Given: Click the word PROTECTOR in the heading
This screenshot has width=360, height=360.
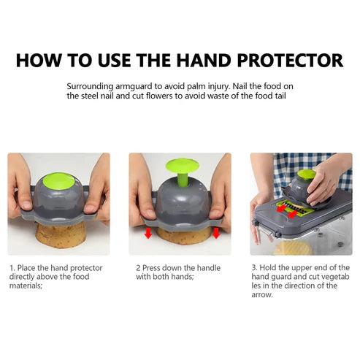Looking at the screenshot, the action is tap(290, 61).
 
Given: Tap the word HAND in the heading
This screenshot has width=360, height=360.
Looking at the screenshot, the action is tap(204, 61).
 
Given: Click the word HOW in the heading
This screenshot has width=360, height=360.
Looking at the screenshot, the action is tap(39, 61).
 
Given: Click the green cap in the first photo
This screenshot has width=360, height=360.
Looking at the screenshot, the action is tap(59, 181).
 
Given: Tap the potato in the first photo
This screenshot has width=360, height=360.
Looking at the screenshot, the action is tap(61, 234).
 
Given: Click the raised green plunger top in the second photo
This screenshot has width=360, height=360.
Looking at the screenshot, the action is tap(183, 165).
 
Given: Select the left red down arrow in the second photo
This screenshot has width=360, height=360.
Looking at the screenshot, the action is tap(148, 233).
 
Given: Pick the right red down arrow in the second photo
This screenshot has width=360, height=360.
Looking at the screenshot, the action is tap(216, 233).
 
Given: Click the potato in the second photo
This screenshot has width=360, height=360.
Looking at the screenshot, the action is tap(184, 236).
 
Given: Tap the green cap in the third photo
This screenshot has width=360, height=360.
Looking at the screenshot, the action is tap(307, 175).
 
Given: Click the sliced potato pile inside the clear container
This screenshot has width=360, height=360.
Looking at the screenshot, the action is tap(293, 248).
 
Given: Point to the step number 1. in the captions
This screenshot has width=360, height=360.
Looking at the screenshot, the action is tap(12, 268).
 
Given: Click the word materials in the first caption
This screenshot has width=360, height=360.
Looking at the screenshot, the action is tap(25, 286).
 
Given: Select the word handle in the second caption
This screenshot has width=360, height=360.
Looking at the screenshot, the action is tap(209, 268).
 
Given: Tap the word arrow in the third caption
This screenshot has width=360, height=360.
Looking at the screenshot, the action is tap(261, 295).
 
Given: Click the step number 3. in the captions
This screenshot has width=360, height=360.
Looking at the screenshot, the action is tap(254, 268).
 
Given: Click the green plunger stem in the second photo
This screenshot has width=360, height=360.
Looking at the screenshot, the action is tap(183, 180).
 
